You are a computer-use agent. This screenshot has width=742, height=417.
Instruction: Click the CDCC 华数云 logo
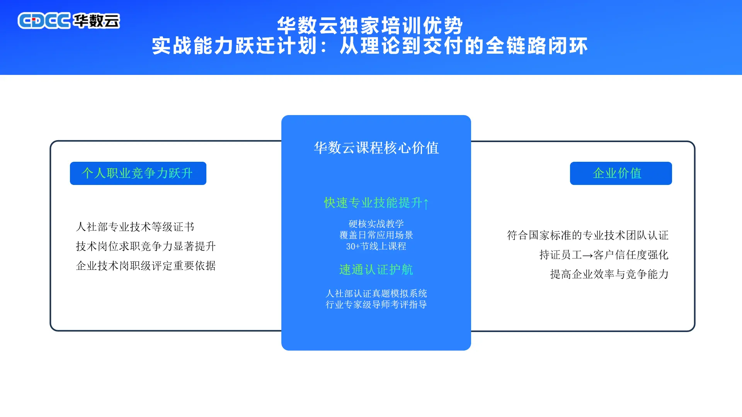coord(69,21)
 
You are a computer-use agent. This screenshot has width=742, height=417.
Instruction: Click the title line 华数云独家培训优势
coord(370,25)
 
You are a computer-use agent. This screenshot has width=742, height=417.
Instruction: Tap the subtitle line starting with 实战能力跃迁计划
coord(370,46)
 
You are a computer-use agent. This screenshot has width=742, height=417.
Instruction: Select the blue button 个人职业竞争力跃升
coord(138,173)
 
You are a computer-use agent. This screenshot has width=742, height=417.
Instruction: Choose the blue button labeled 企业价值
coord(621,173)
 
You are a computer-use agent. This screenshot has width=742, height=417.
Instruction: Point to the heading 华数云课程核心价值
coord(376,148)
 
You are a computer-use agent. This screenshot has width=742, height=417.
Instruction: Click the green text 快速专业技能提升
coord(373,203)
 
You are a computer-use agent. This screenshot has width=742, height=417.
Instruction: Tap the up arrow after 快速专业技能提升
coord(426,203)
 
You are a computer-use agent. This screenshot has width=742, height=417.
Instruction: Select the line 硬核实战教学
coord(376,224)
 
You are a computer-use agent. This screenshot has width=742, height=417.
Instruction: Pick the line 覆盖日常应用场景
coord(376,235)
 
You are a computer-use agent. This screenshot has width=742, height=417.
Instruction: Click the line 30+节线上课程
coord(376,246)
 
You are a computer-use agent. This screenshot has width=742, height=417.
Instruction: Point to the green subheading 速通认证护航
coord(376,270)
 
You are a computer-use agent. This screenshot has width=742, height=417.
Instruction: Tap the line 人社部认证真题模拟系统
coord(376,293)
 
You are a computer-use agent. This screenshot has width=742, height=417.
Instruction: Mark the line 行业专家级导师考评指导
coord(376,305)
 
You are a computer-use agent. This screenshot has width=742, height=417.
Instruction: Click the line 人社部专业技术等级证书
coord(135,227)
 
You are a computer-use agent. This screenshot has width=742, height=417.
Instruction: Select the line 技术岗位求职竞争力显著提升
coord(146,246)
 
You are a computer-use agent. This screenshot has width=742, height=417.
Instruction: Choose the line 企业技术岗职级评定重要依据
coord(146,266)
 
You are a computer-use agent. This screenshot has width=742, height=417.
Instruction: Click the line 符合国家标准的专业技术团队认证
coord(588,235)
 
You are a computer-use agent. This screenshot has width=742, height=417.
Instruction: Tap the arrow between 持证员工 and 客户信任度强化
coord(587,255)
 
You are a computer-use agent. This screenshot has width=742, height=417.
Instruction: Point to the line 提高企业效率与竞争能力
coord(609,274)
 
